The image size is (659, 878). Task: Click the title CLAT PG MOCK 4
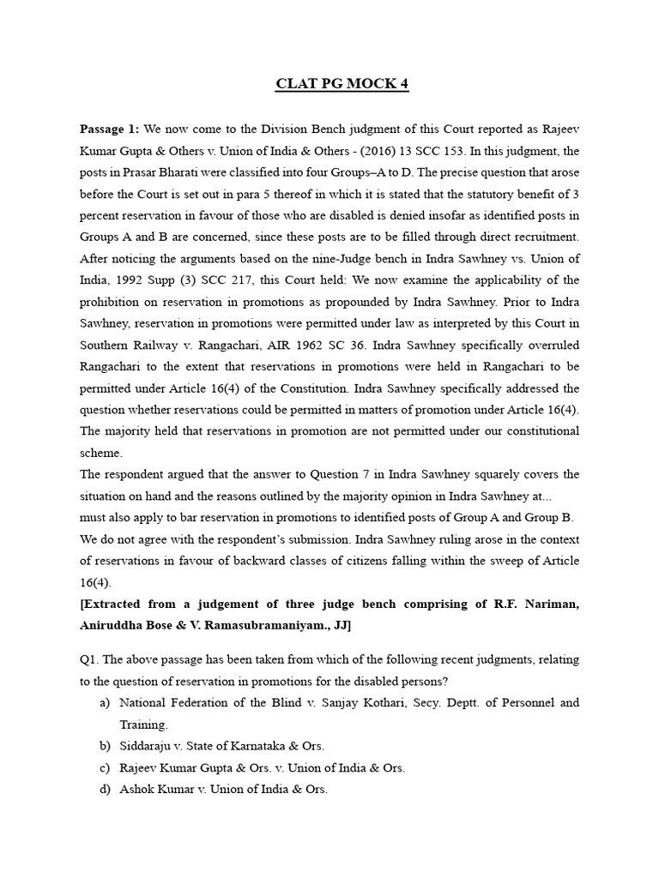[329, 84]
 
